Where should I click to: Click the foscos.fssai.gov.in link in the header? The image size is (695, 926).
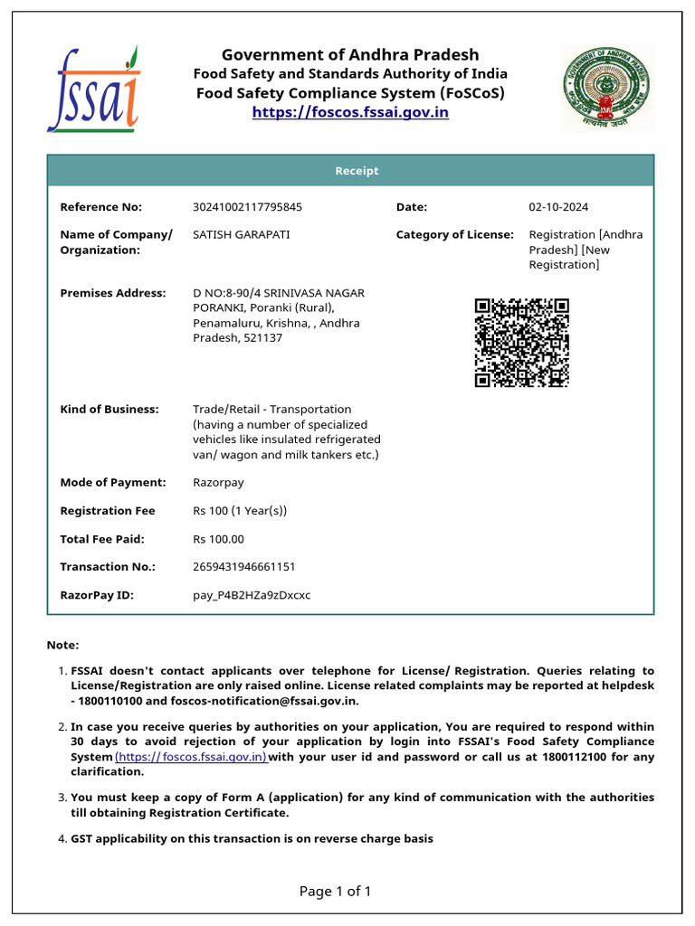pos(350,112)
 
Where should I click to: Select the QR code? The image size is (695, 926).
pos(522,343)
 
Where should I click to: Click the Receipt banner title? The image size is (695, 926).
pos(357,171)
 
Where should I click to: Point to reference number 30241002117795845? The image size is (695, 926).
pos(247,207)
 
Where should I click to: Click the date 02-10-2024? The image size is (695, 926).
pos(558,207)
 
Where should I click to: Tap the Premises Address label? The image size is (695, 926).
pos(113,293)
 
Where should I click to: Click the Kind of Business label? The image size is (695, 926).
pos(109,409)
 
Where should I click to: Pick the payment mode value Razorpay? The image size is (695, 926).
pos(218,482)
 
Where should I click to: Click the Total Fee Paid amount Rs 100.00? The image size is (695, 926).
pos(218,539)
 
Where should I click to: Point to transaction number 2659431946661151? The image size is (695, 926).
pos(243,566)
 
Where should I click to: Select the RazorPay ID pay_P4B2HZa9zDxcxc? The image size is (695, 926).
pos(252,595)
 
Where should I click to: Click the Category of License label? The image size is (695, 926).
pos(454,234)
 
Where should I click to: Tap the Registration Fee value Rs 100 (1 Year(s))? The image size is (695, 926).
pos(240,511)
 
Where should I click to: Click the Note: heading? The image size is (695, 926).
pos(62,645)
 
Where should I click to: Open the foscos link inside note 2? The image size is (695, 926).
pos(191,757)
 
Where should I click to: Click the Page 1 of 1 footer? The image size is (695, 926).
pos(335,892)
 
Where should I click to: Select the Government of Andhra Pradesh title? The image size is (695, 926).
pos(350,54)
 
